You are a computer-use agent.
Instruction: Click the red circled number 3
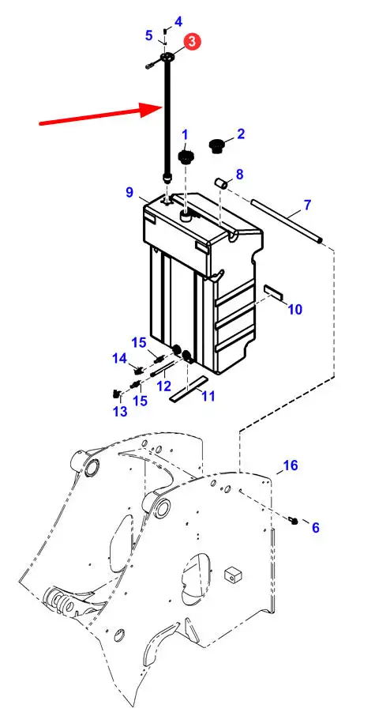point(192,42)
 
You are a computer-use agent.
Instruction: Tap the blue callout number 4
point(178,21)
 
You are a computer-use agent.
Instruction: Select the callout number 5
point(149,35)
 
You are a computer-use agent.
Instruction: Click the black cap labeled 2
point(216,147)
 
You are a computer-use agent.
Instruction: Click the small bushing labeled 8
point(222,184)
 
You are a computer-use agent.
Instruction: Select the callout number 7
point(307,205)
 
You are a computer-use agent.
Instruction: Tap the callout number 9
point(130,192)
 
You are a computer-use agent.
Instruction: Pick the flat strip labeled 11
point(188,389)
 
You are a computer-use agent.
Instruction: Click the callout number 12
point(163,386)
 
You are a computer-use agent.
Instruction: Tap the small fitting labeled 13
point(116,392)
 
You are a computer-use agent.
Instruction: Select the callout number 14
point(120,359)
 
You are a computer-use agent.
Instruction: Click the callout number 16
point(291,465)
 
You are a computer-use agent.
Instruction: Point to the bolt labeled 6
point(293,519)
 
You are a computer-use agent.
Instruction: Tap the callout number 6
point(316,528)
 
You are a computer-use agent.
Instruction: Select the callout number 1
point(185,134)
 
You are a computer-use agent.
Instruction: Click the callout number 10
point(295,310)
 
